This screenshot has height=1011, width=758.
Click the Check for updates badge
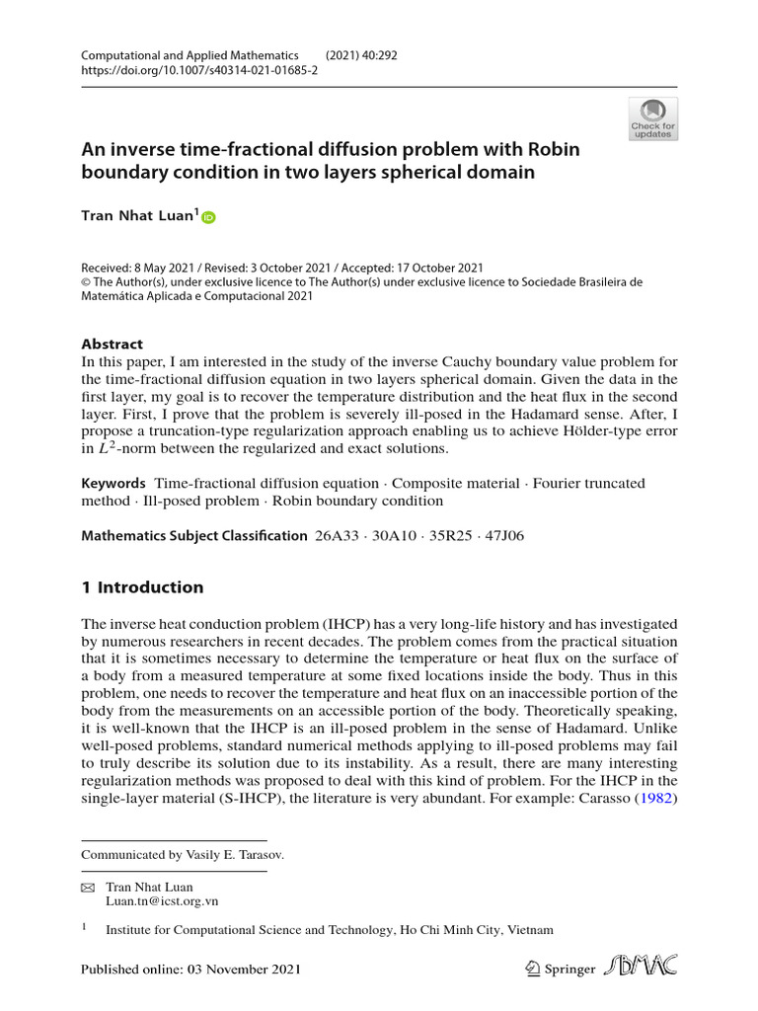coord(652,117)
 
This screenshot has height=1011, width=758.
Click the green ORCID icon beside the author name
coord(208,217)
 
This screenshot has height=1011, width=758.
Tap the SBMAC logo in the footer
coord(643,968)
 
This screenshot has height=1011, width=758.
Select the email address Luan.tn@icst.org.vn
coord(162,901)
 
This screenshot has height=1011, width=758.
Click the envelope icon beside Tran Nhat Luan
coord(86,888)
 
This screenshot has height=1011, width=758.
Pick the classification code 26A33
coord(339,536)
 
